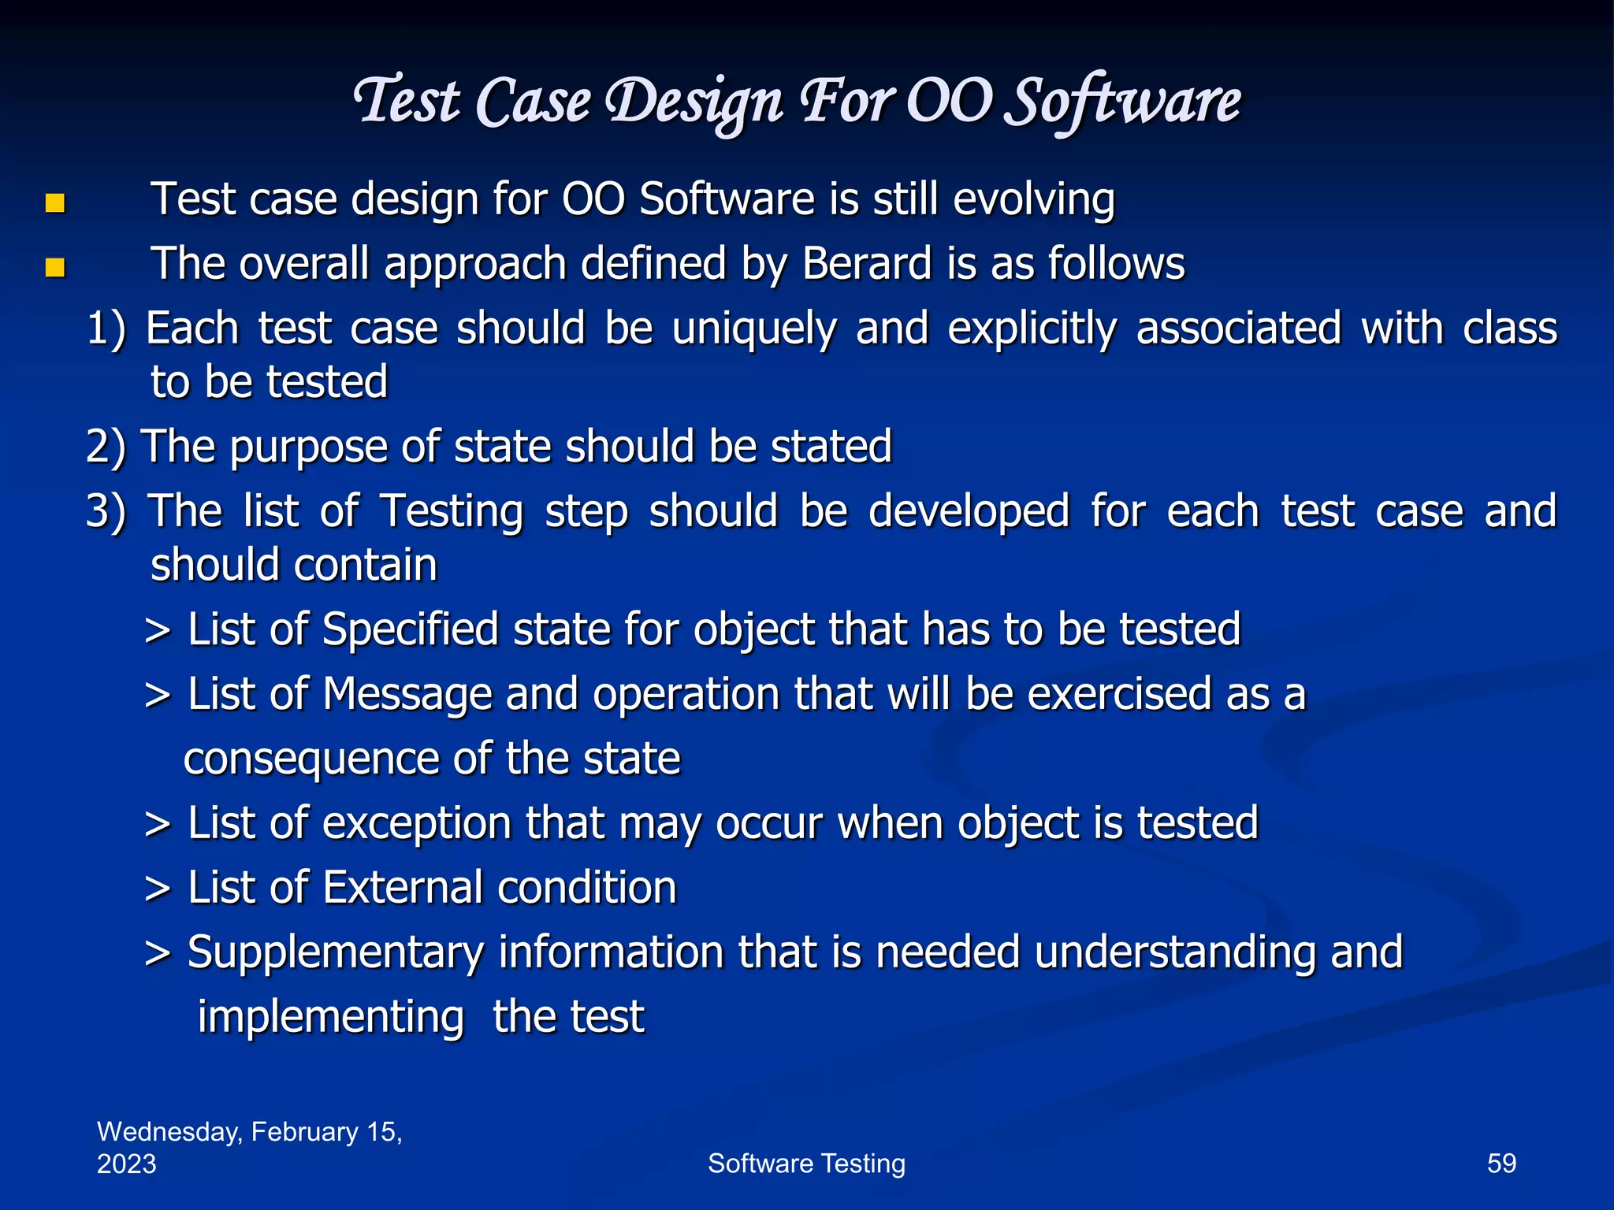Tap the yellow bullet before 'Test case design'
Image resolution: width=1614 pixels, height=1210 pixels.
pos(54,204)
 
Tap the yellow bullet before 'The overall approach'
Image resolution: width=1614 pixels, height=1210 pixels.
pos(54,268)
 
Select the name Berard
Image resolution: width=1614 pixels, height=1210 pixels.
pos(867,263)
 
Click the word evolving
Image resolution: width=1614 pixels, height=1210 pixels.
pos(1033,199)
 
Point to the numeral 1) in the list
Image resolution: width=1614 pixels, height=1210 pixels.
pos(106,328)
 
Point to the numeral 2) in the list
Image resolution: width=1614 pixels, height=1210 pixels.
pos(106,447)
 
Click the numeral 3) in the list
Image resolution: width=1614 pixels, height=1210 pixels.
pos(106,511)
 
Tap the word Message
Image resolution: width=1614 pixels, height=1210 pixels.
pos(407,695)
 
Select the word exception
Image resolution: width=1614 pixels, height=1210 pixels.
pos(416,824)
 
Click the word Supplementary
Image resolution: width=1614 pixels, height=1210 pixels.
pos(334,953)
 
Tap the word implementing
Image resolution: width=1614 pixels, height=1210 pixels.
pos(330,1017)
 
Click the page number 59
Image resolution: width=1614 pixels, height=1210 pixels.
pos(1501,1164)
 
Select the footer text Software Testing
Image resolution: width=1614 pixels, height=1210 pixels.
pos(806,1164)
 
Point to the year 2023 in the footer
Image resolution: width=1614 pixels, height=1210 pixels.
pos(127,1164)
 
